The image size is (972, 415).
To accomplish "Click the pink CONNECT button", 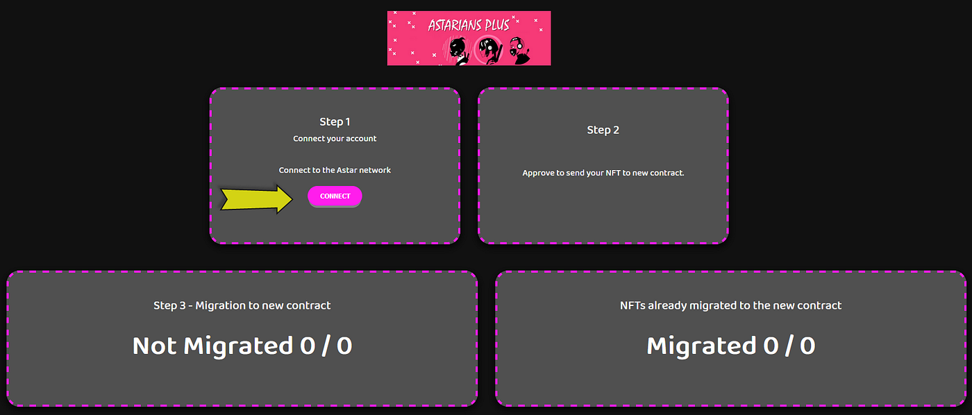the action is click(335, 196).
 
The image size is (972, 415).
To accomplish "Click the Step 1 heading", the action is click(335, 122).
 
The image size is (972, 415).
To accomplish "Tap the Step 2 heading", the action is click(603, 130).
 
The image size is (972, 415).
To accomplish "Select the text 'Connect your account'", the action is click(335, 139).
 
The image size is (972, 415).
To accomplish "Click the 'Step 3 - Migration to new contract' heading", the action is click(242, 305).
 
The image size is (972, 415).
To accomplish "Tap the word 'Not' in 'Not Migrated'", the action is click(155, 346).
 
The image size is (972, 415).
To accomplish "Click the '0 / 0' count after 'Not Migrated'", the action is click(326, 346).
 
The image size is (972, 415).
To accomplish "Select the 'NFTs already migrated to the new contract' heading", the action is click(730, 305).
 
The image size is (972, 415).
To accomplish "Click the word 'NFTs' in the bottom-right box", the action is click(632, 305).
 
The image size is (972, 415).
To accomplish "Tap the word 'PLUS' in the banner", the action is click(496, 26).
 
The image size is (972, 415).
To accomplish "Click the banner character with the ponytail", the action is click(458, 50).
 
